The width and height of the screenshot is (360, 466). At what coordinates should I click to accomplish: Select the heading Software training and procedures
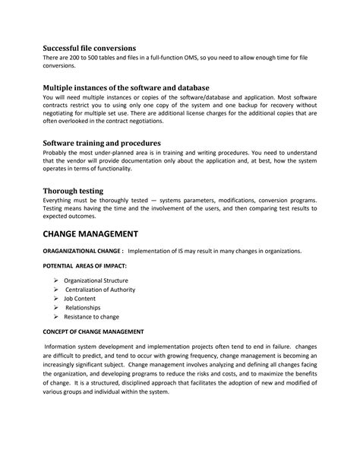[x=100, y=142]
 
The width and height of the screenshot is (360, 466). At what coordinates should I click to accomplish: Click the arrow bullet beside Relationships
[x=56, y=308]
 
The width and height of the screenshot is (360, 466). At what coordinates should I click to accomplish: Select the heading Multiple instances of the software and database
[x=125, y=87]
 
